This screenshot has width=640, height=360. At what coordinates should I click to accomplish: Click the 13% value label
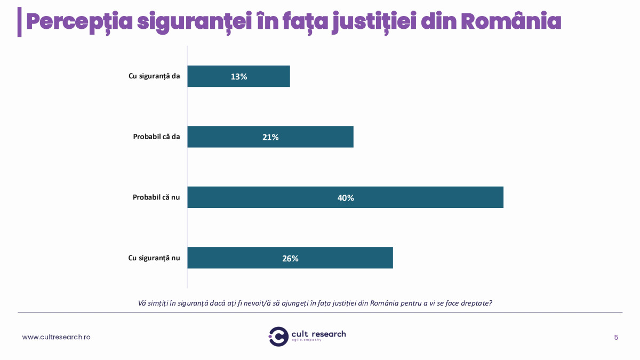tap(239, 76)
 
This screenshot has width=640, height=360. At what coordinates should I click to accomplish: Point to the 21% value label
tap(270, 137)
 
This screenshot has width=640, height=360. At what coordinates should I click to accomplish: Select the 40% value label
tap(346, 198)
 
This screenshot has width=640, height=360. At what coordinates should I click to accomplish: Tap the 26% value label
tap(290, 259)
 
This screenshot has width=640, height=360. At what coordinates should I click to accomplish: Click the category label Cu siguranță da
tap(154, 76)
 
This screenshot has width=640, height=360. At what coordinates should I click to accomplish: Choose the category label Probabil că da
tap(156, 137)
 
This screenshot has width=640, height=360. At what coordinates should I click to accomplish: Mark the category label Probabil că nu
tap(156, 197)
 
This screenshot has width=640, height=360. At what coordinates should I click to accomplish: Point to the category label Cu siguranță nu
tap(154, 258)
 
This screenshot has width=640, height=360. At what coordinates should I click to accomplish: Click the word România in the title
tap(510, 21)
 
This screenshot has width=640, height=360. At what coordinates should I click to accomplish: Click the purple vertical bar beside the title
tap(20, 22)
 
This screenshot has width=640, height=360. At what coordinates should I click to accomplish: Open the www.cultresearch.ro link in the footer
tap(56, 337)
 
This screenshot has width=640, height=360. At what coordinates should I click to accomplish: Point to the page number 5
tap(616, 337)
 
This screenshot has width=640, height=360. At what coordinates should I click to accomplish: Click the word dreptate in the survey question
tap(473, 303)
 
